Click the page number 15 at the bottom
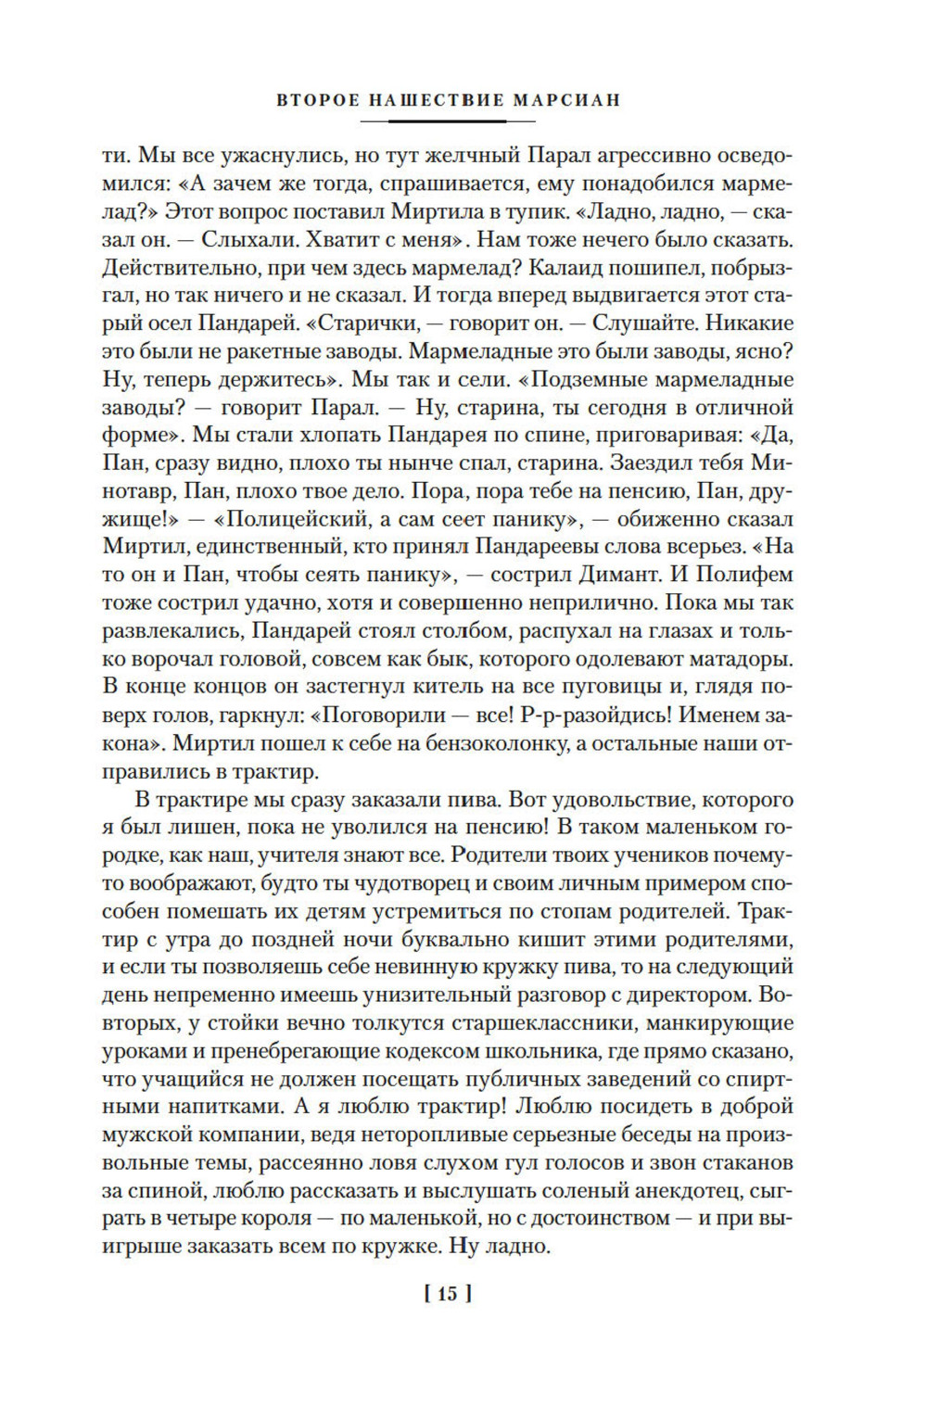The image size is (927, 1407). pos(448,1294)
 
